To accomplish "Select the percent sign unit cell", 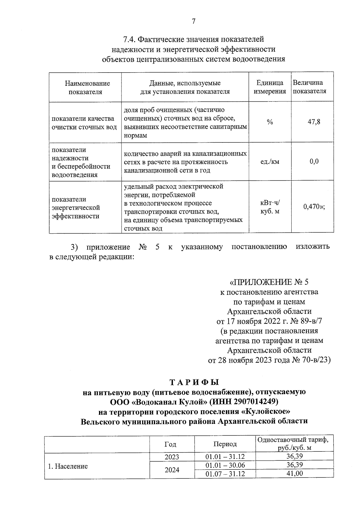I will [x=270, y=122].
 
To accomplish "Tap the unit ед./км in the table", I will [x=270, y=162].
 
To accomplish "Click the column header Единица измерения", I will [x=270, y=87].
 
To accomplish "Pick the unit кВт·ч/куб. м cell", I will [x=270, y=207].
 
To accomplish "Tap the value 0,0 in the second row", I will [x=314, y=162].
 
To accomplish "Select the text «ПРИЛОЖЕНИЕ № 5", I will [x=269, y=282].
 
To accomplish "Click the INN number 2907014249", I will [x=255, y=401].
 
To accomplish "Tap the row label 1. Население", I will [x=68, y=466].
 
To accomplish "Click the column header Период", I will [x=225, y=444].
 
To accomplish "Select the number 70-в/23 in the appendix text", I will [x=315, y=360].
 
